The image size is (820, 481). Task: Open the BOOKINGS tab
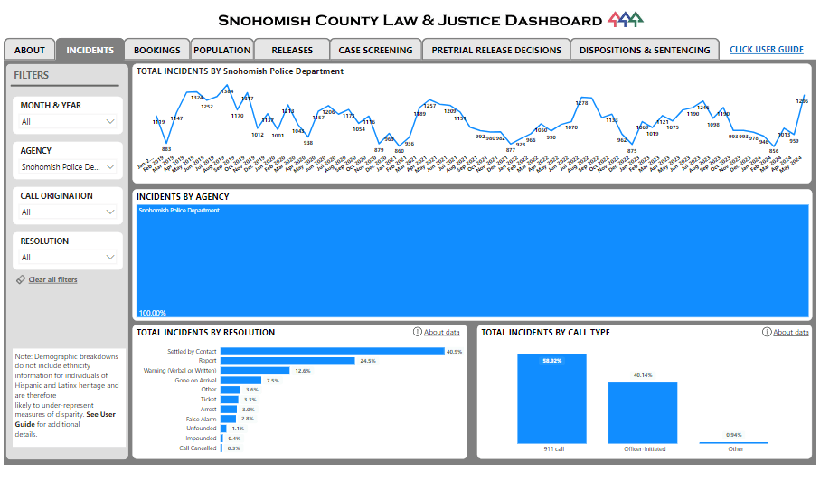point(156,51)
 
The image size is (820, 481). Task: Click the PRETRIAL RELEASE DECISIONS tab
point(495,51)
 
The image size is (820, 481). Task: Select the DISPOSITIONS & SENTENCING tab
point(645,51)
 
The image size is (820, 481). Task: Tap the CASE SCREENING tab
point(374,51)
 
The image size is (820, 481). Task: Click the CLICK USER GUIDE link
point(766,50)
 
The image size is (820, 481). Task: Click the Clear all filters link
point(52,280)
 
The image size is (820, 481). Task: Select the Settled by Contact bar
point(332,351)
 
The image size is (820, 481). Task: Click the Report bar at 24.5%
point(287,361)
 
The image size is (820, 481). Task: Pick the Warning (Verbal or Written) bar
point(255,371)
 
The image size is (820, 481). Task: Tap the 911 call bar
point(551,398)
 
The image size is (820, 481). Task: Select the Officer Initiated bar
point(642,412)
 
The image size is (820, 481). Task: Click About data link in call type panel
point(790,333)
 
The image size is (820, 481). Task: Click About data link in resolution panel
point(441,333)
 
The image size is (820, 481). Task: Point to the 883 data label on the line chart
point(166,149)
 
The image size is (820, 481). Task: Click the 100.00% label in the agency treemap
point(151,313)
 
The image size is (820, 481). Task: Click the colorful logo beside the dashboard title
point(626,20)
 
